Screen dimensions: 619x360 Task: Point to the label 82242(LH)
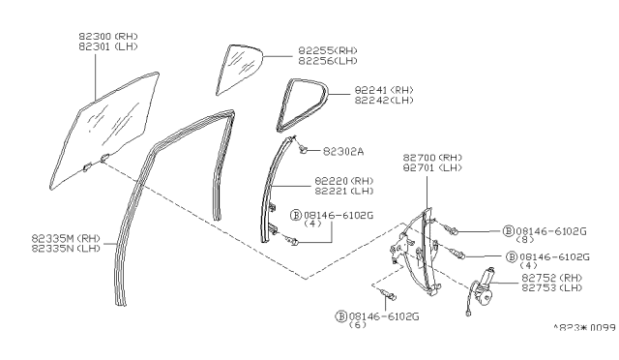(358, 101)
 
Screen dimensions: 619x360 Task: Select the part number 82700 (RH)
(434, 156)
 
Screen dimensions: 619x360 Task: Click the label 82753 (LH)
(551, 287)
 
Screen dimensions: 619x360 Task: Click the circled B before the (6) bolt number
(340, 315)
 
